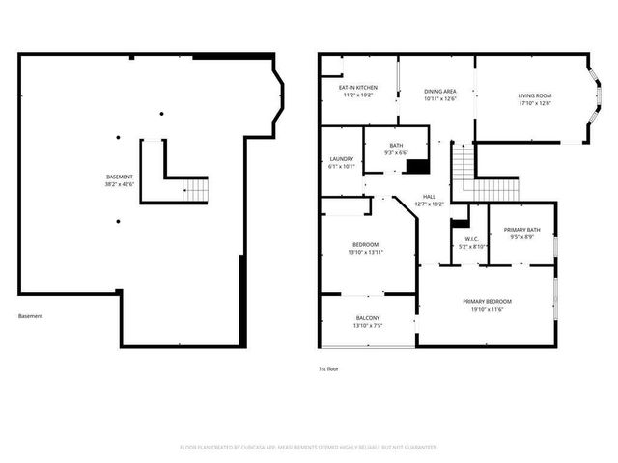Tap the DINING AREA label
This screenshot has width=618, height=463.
point(440,90)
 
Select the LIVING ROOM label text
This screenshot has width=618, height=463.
point(535,95)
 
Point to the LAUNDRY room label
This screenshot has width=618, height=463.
point(341,158)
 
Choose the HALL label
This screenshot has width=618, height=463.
point(429,196)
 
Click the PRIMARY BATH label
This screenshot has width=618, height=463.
point(521,229)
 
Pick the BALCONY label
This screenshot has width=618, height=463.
point(368,317)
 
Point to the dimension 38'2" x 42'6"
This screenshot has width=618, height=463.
point(120,184)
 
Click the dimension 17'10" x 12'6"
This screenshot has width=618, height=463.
point(535,103)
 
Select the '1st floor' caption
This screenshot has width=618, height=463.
point(328,369)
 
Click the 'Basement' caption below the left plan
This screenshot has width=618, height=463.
point(30,316)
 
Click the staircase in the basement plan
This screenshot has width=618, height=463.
point(195,190)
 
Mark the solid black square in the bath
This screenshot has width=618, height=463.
point(416,166)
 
